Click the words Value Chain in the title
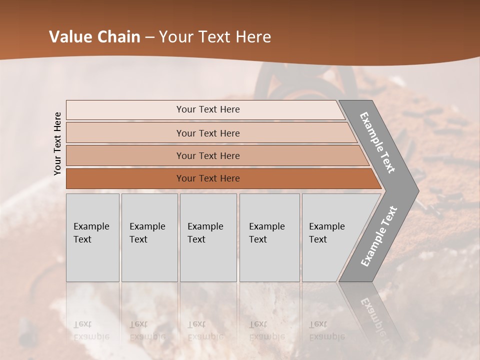point(94,37)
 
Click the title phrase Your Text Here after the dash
point(215,37)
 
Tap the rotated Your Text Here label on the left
point(57,143)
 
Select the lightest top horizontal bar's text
point(208,109)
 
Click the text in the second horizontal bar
point(208,133)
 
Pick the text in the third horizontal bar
point(208,156)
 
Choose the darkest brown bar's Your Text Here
point(208,178)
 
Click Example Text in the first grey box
point(91,233)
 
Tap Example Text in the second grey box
point(147,233)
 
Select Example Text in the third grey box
point(205,233)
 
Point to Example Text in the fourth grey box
point(266,233)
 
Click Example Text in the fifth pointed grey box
point(326,233)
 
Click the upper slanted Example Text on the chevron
point(377,142)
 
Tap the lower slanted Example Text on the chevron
point(379,236)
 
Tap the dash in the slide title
point(149,37)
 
